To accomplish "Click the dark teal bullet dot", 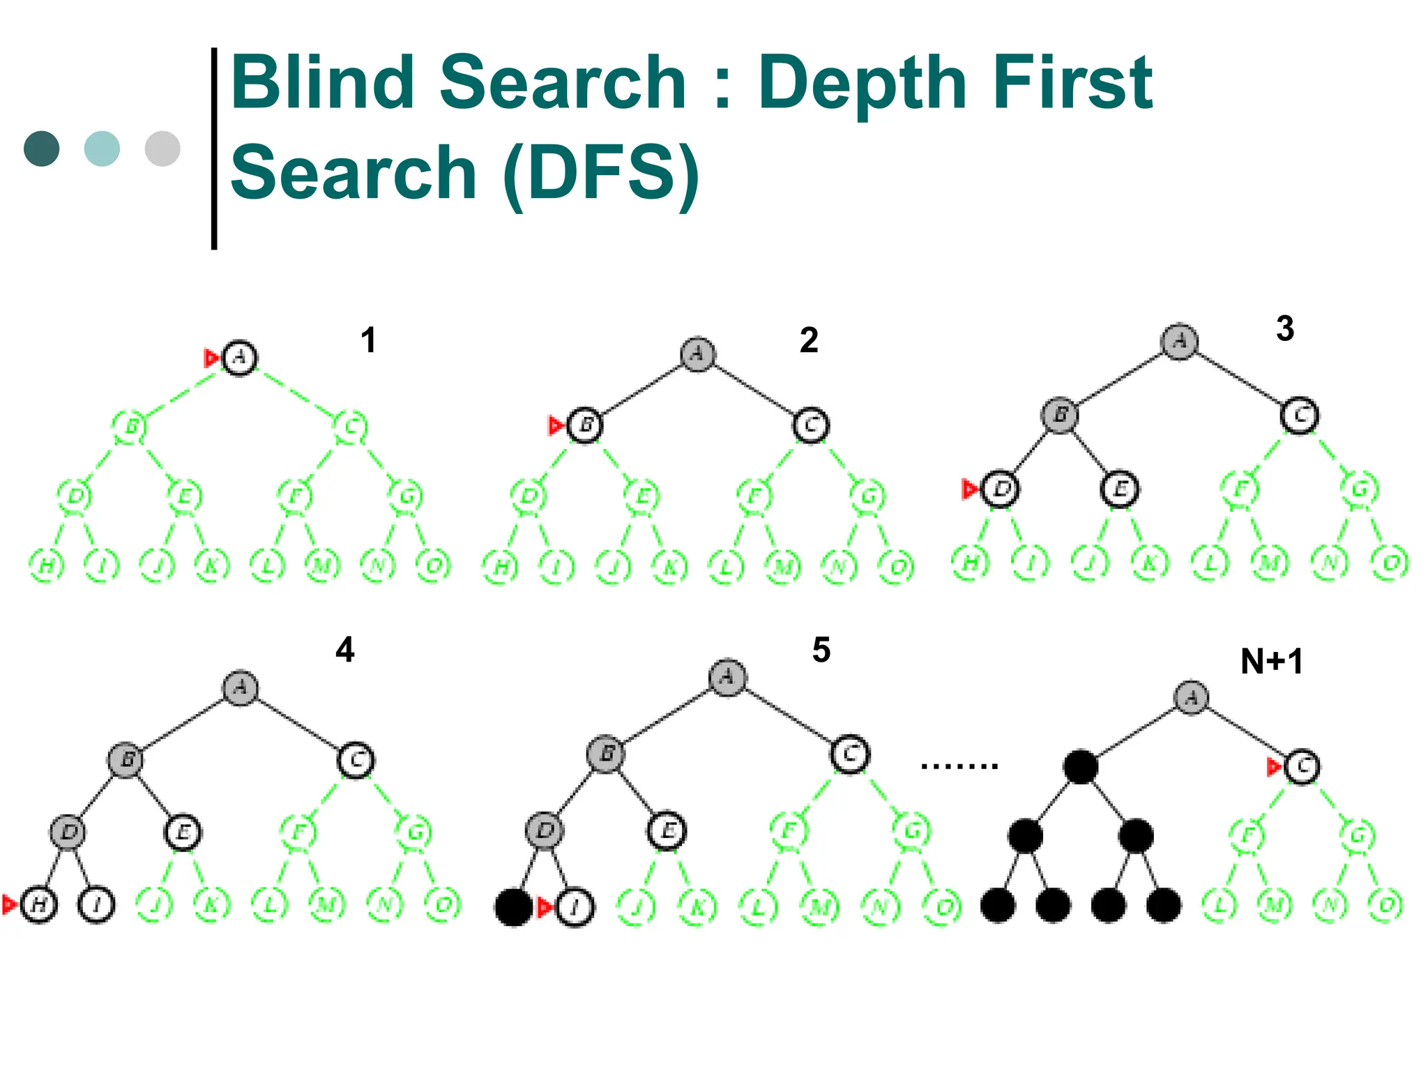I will (x=42, y=149).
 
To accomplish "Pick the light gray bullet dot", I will (x=162, y=149).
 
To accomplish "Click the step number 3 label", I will (x=1284, y=328).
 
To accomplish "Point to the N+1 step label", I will (x=1272, y=661).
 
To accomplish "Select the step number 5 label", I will (x=821, y=650).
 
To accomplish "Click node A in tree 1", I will (x=239, y=358).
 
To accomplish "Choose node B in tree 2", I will (x=585, y=425).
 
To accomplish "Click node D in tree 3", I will (x=1001, y=489).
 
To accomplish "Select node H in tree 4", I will (x=39, y=905).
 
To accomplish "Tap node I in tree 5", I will (x=575, y=907).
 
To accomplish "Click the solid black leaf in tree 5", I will (x=513, y=907).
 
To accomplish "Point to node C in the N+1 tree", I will (x=1302, y=767).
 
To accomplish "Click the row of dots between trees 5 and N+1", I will (x=959, y=766).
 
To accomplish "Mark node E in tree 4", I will (x=183, y=833).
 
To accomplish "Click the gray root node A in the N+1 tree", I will (x=1191, y=697).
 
